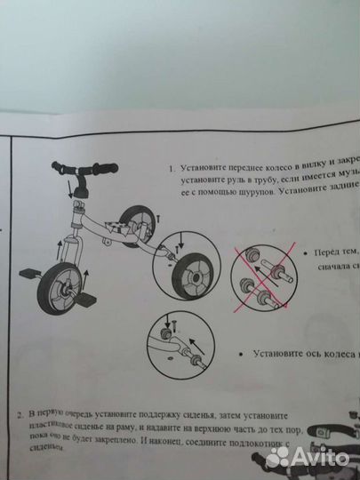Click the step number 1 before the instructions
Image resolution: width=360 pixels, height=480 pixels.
[171, 168]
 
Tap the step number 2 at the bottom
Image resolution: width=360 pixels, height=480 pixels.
[20, 414]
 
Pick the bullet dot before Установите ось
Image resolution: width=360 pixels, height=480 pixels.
[242, 354]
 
